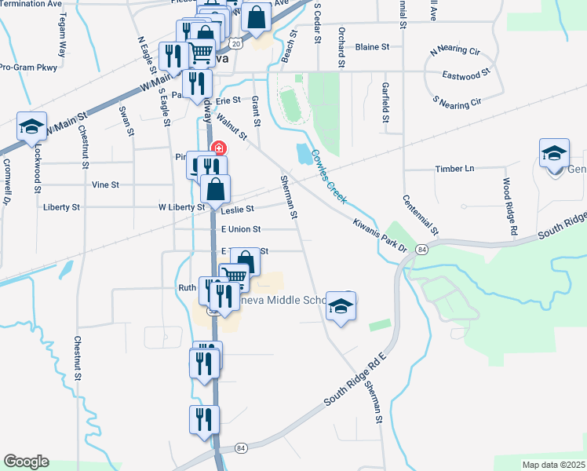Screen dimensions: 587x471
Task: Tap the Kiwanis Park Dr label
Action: (x=382, y=235)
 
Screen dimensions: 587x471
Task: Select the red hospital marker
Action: (x=218, y=148)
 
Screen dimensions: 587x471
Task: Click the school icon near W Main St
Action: (x=32, y=128)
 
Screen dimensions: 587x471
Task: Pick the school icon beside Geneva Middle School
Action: (x=341, y=307)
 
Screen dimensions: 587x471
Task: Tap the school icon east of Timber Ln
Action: (x=553, y=155)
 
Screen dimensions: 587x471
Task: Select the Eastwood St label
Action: (x=466, y=75)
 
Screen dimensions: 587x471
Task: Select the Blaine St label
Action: (x=372, y=47)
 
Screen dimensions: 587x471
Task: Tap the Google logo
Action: (x=26, y=462)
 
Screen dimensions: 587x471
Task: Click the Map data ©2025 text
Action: (x=553, y=465)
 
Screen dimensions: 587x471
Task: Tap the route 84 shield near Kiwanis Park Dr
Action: (x=422, y=249)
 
